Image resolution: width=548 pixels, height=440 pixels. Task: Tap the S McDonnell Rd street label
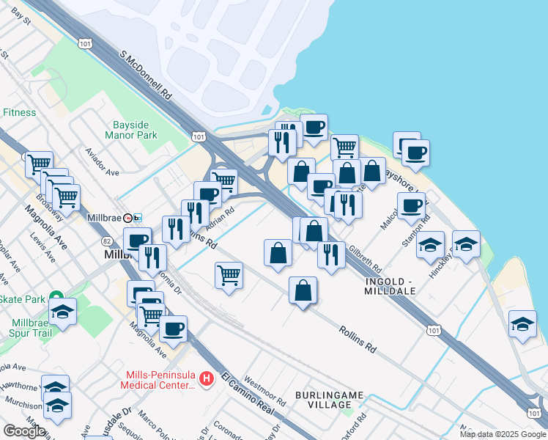(x=147, y=76)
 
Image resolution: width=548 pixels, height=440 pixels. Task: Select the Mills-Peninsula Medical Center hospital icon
(x=207, y=379)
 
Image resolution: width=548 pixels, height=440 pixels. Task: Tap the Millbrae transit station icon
(x=133, y=219)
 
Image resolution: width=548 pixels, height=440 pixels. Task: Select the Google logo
(x=24, y=430)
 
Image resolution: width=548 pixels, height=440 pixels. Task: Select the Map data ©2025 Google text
(x=502, y=434)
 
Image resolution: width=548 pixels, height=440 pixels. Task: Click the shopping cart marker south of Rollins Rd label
(x=229, y=276)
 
